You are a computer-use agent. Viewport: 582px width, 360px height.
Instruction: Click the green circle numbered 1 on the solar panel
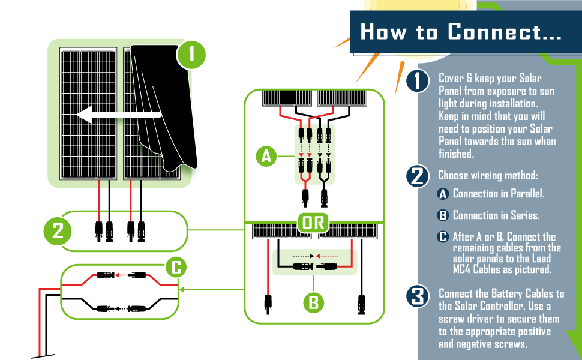[191, 56]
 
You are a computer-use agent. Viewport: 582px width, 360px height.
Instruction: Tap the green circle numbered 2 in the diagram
[58, 231]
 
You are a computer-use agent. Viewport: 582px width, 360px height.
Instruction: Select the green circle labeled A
[266, 157]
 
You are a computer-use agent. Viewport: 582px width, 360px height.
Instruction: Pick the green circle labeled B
[313, 302]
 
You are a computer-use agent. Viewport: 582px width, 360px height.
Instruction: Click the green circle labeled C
[176, 268]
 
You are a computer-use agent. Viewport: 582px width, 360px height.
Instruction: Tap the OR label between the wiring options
[313, 223]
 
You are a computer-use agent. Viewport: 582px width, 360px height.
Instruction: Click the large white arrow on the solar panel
[117, 114]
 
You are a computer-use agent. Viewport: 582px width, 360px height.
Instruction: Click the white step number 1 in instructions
[416, 81]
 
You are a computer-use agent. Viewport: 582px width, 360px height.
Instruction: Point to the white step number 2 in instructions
[416, 176]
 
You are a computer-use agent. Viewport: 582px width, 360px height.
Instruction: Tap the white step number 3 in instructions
[416, 296]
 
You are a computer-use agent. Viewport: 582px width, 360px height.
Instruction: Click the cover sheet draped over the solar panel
[165, 108]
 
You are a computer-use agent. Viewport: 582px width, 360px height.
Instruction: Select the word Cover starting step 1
[451, 79]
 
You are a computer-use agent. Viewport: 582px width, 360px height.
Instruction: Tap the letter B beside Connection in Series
[443, 215]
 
